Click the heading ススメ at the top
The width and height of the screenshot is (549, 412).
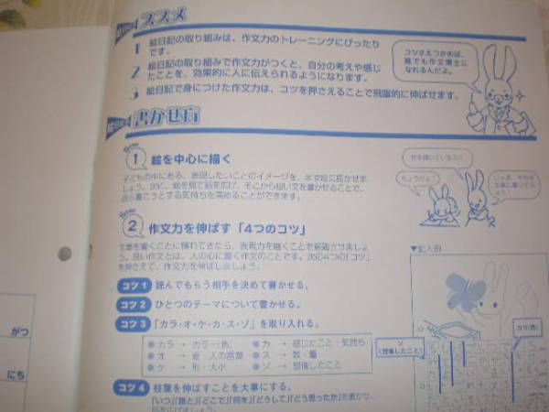(x=166, y=16)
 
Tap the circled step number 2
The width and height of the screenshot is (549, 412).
(x=133, y=225)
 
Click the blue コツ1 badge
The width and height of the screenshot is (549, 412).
(x=132, y=285)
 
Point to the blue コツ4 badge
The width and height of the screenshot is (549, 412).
(x=132, y=388)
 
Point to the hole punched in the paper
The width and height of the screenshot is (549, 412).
(x=64, y=254)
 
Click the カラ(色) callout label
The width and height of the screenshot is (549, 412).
(x=525, y=326)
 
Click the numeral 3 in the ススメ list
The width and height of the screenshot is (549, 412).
(x=134, y=92)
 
